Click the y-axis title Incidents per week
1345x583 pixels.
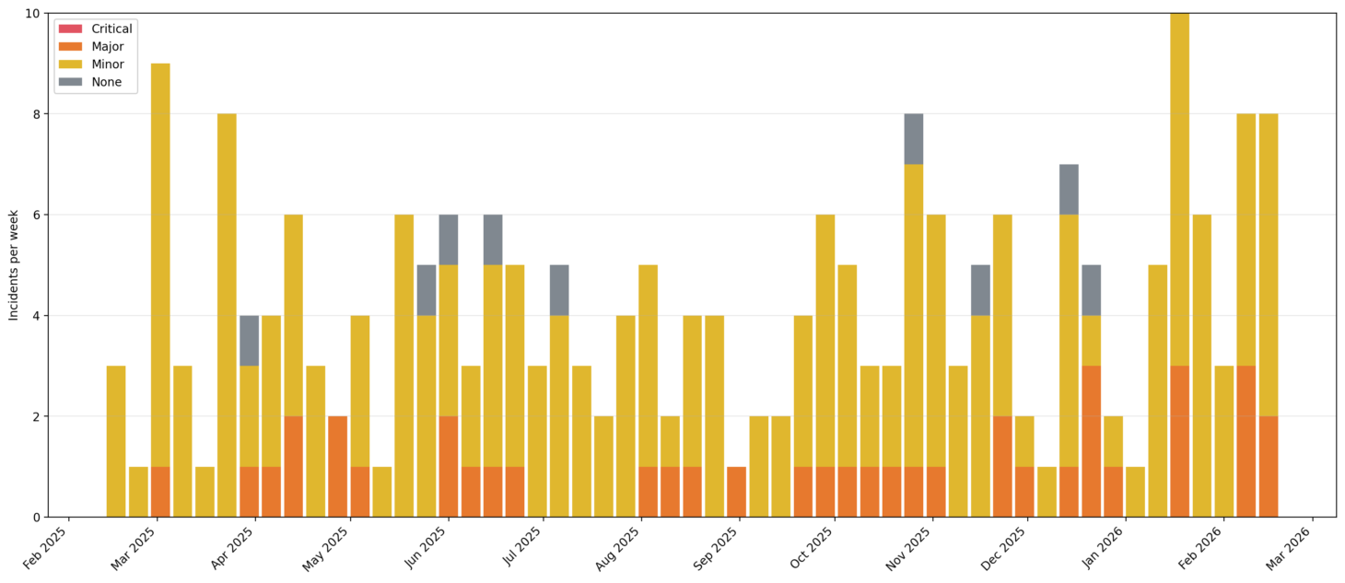coord(14,265)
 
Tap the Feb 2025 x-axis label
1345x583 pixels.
coord(47,549)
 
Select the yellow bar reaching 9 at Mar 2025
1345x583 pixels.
coord(160,258)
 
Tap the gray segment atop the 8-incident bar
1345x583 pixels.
coord(913,139)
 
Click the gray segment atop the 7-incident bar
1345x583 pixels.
coord(1069,190)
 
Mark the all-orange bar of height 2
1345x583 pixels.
coord(338,466)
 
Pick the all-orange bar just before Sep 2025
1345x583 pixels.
coord(736,492)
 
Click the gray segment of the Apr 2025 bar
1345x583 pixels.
coord(249,341)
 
